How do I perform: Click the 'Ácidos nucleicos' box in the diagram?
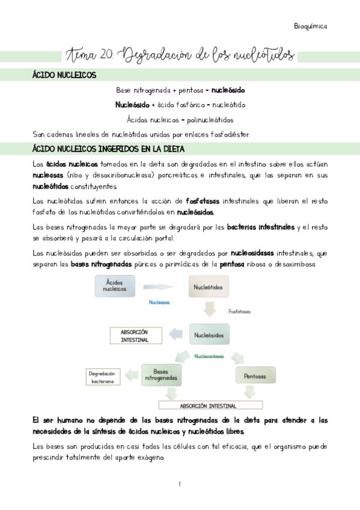(x=115, y=286)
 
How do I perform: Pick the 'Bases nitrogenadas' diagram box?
(x=160, y=375)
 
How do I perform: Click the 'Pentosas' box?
(x=254, y=376)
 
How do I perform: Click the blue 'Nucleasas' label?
(x=159, y=303)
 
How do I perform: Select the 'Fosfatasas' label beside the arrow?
(x=239, y=312)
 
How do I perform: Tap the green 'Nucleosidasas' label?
(x=209, y=356)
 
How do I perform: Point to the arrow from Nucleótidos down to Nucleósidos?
(x=210, y=310)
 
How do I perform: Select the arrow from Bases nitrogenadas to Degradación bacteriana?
(x=132, y=376)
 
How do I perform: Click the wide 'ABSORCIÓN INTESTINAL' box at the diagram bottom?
(x=208, y=405)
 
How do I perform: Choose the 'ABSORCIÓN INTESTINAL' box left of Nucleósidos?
(x=134, y=336)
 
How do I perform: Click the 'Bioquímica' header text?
(x=310, y=26)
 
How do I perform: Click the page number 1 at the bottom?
(x=180, y=484)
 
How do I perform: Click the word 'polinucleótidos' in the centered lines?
(x=206, y=119)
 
